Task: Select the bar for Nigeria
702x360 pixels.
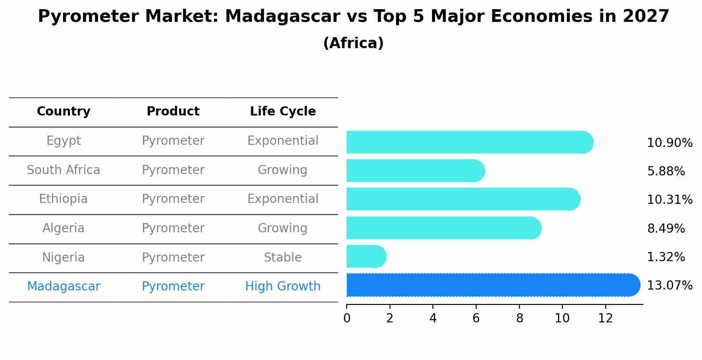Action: click(366, 256)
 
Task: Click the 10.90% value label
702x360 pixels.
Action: click(669, 143)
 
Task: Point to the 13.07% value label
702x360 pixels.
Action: click(669, 286)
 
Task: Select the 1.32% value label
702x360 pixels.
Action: click(665, 257)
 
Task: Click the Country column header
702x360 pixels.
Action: click(63, 112)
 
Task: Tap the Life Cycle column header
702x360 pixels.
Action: click(283, 112)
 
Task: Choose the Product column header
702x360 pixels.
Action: click(173, 112)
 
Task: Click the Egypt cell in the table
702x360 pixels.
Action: click(63, 141)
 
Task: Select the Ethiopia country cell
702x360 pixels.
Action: click(63, 199)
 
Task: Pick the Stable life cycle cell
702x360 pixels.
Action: click(283, 258)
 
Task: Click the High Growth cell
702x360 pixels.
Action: click(283, 287)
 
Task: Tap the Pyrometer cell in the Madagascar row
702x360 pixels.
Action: click(173, 287)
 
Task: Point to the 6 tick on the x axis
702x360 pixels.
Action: click(476, 318)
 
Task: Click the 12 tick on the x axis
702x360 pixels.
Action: click(605, 318)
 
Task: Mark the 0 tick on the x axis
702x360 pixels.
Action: click(347, 318)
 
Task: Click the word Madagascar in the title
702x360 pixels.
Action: click(282, 17)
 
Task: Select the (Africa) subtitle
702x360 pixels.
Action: click(353, 43)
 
